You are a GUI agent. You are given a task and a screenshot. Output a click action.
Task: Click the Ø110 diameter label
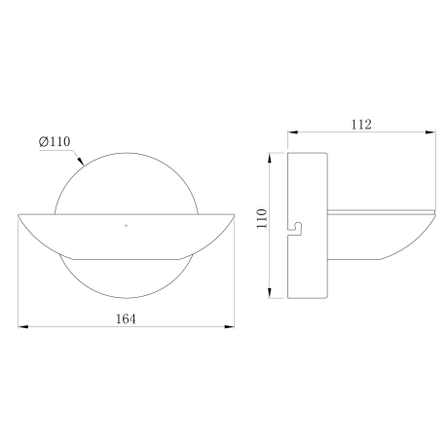click(55, 141)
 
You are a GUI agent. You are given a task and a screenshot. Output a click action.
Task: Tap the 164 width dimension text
click(126, 318)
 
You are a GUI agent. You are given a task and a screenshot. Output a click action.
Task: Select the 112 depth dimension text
click(361, 125)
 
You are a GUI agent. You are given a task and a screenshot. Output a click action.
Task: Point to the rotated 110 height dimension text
click(262, 218)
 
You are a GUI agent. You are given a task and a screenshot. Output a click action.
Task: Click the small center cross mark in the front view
click(126, 225)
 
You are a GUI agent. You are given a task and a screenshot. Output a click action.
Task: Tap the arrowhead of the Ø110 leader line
click(81, 162)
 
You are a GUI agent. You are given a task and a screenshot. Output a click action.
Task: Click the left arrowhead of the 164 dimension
click(22, 326)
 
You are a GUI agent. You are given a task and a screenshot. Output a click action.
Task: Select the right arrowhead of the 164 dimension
click(230, 326)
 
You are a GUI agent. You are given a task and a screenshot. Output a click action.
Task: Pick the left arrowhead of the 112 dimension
click(293, 132)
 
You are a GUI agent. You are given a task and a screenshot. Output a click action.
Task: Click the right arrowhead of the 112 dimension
click(430, 132)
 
